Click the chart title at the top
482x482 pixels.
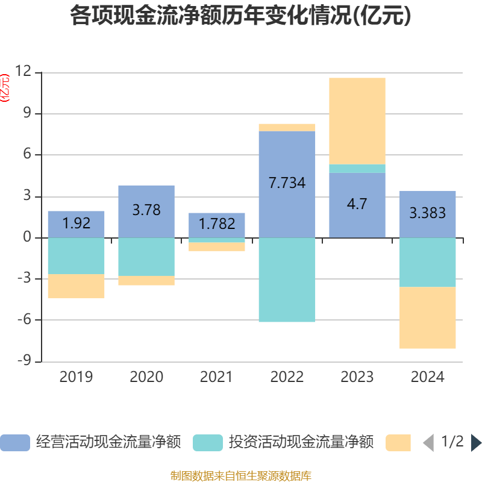[240, 16]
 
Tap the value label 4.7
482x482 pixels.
[357, 204]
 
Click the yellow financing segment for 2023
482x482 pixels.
[357, 120]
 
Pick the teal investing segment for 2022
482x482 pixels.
[287, 280]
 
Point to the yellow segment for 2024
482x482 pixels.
[427, 318]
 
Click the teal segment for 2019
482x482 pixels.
[76, 256]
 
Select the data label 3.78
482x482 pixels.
[146, 210]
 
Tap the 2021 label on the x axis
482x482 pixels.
[216, 377]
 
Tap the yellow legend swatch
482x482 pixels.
[398, 443]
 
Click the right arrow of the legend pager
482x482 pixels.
[476, 443]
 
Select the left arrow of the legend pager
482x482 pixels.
[428, 443]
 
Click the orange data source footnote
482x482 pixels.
[240, 476]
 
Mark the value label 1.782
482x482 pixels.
[216, 224]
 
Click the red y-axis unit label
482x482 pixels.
[5, 88]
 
